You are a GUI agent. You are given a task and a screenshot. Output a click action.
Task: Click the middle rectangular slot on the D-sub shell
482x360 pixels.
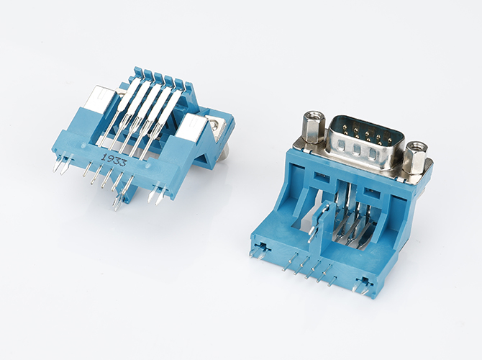click(357, 150)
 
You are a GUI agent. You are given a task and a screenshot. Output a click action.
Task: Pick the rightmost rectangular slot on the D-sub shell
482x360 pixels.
click(373, 154)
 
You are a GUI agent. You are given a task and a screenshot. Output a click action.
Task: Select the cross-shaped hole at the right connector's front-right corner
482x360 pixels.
click(365, 282)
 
